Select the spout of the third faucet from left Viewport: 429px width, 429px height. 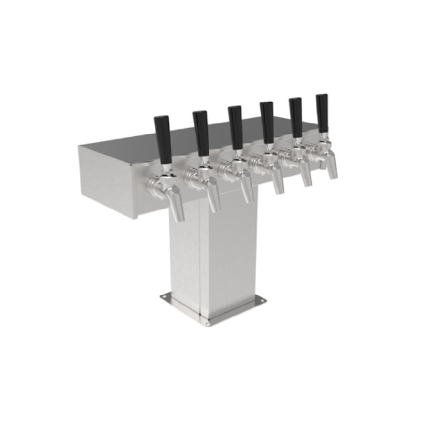pyautogui.click(x=247, y=192)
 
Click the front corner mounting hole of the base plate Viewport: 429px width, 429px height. pyautogui.click(x=207, y=324)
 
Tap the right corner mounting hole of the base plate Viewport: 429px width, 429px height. pyautogui.click(x=262, y=301)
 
